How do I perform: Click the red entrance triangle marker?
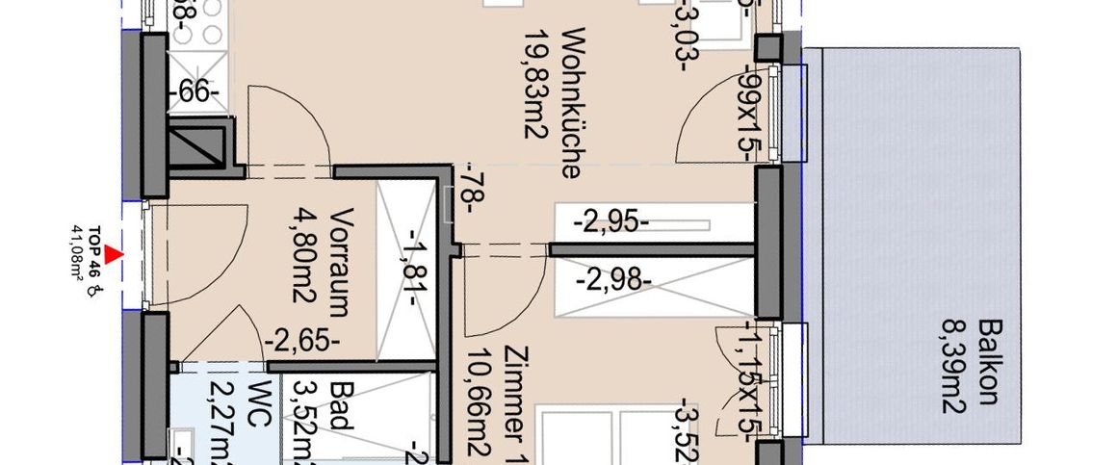pos(115,254)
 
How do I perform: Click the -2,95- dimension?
pos(610,222)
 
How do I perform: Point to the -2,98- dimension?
pos(613,281)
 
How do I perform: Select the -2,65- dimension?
pos(301,339)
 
